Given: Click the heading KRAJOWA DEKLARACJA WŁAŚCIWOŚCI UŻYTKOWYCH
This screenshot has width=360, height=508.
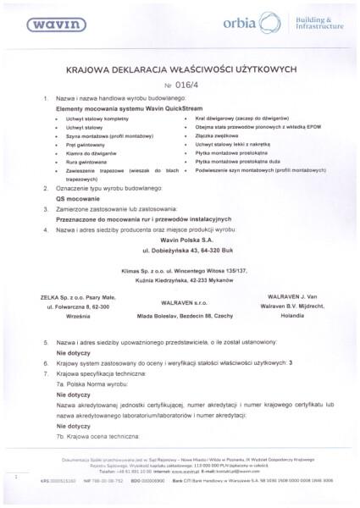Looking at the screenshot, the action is (x=180, y=74).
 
